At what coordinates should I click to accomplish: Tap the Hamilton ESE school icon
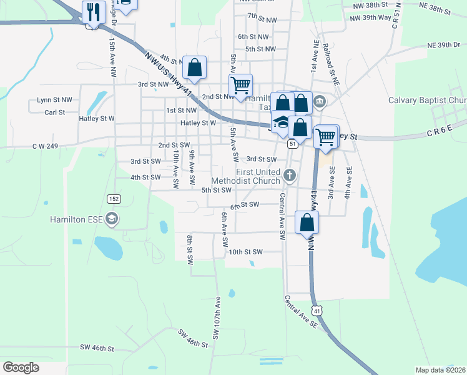[x=112, y=219]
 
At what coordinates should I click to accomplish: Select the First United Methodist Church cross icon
[x=289, y=176]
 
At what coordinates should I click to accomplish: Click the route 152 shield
[x=113, y=198]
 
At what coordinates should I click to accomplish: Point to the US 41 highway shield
[x=317, y=310]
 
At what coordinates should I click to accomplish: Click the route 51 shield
[x=292, y=144]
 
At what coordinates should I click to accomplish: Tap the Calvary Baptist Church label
[x=427, y=100]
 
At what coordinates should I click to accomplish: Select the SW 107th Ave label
[x=217, y=318]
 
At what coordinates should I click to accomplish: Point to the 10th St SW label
[x=245, y=252]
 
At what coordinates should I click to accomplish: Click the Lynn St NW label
[x=54, y=99]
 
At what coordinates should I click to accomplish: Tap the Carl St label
[x=55, y=112]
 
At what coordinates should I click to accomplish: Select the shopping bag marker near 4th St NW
[x=195, y=68]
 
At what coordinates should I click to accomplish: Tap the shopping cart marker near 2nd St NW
[x=240, y=86]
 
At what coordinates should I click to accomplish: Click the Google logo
[x=21, y=367]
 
